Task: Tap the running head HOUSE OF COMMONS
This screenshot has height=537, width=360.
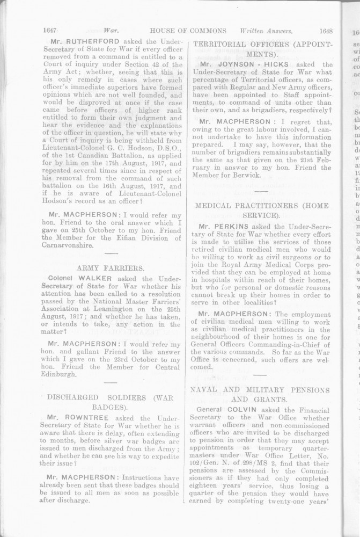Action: pyautogui.click(x=188, y=31)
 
